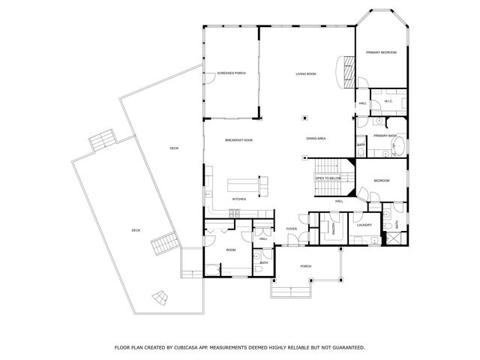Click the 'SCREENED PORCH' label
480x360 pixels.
231,73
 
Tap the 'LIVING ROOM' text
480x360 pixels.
305,73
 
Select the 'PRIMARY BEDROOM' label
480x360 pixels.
381,52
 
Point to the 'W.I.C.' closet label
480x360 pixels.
388,101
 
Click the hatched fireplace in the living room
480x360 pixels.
348,69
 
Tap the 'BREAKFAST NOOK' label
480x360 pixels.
238,140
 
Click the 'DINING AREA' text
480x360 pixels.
316,139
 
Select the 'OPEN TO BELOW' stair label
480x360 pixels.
328,178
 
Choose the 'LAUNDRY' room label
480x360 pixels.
364,225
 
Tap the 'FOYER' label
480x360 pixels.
292,229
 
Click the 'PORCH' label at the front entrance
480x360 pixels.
305,265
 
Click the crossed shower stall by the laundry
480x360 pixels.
391,239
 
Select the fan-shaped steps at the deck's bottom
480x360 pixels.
161,296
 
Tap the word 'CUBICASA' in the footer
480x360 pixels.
202,348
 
